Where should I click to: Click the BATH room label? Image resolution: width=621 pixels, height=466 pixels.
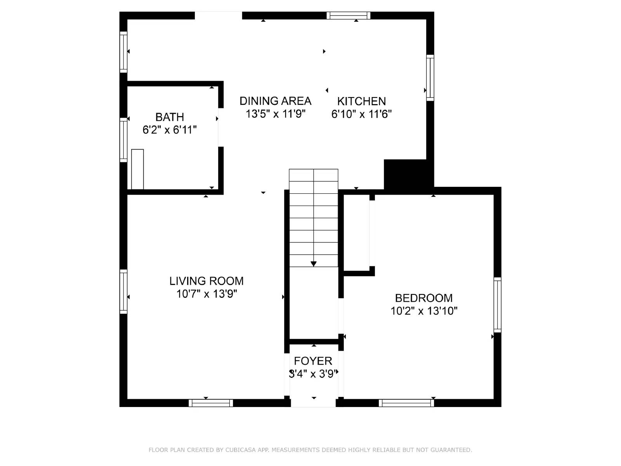click(x=170, y=117)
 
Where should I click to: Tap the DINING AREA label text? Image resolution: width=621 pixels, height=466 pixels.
click(x=275, y=101)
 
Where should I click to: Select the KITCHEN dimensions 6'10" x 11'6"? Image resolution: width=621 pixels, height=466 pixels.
click(x=361, y=114)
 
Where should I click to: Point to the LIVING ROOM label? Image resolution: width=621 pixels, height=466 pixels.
click(x=206, y=281)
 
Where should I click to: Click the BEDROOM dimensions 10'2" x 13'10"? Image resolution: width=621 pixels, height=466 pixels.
click(x=424, y=311)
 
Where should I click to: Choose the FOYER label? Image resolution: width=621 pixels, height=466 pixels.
click(x=313, y=361)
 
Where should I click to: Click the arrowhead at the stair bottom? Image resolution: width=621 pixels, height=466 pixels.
click(x=314, y=264)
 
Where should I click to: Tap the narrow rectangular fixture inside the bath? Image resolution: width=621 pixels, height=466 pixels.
click(x=137, y=169)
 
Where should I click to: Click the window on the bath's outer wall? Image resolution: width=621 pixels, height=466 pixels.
click(x=123, y=140)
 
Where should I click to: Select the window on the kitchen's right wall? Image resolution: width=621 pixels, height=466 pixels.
click(x=430, y=78)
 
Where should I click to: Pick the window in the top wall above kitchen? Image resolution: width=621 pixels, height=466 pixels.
click(x=348, y=16)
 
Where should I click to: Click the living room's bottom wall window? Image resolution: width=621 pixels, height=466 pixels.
click(x=211, y=403)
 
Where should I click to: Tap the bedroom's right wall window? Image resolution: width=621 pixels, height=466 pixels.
click(x=497, y=305)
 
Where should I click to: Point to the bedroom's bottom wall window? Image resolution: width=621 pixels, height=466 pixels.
click(x=406, y=403)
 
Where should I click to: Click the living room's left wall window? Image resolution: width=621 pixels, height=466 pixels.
click(x=123, y=291)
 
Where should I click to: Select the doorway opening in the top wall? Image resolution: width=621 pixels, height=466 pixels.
click(x=218, y=16)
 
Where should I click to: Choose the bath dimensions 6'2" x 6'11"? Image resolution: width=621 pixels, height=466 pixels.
click(x=170, y=130)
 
